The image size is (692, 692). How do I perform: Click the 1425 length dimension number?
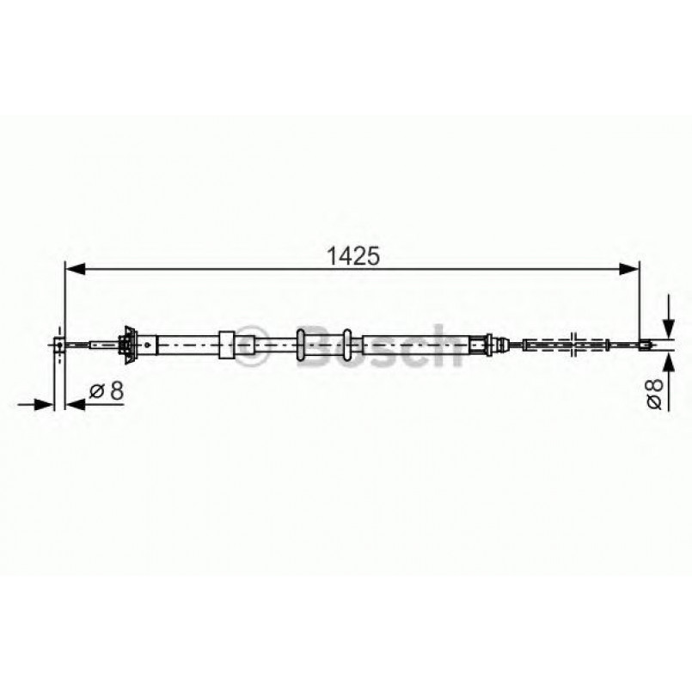pos(353,256)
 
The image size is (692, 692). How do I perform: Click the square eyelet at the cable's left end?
pos(58,346)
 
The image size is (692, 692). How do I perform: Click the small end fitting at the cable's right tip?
pos(645,346)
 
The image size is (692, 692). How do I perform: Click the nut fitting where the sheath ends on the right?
pos(493,346)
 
